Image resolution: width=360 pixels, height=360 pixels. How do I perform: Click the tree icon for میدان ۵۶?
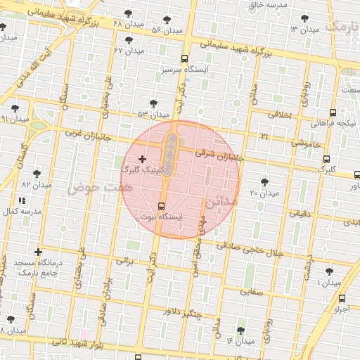(x=167, y=20)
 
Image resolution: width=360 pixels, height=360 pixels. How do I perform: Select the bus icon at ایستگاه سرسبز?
(x=184, y=59)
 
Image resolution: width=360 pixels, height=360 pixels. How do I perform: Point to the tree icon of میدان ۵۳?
(x=153, y=103)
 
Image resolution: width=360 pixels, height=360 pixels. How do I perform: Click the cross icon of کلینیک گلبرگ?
(x=143, y=160)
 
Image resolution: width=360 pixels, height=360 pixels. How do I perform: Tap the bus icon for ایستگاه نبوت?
(x=162, y=206)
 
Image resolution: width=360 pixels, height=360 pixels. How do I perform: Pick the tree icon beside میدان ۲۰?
(x=264, y=182)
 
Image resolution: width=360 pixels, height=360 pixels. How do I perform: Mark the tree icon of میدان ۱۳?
(x=305, y=18)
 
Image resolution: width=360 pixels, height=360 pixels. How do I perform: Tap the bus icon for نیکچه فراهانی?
(x=333, y=112)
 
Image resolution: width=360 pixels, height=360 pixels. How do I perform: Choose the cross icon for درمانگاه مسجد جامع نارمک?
(x=37, y=252)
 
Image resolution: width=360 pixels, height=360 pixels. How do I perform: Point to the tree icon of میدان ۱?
(x=329, y=271)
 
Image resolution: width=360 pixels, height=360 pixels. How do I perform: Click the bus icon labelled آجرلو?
(x=342, y=298)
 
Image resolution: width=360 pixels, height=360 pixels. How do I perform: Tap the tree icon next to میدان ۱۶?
(x=240, y=330)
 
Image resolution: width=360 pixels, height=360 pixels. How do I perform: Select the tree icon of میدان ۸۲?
(x=37, y=173)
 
